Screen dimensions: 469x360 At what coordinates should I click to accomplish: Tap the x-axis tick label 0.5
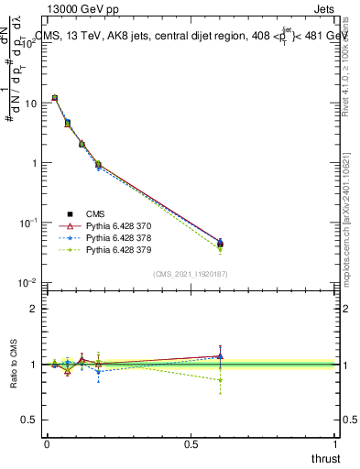(x=191, y=443)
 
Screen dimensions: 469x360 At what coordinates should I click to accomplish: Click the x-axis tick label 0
(x=47, y=443)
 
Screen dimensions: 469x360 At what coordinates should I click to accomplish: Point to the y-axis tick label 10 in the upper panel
(x=30, y=104)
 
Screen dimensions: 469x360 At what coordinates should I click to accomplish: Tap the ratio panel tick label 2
(x=34, y=309)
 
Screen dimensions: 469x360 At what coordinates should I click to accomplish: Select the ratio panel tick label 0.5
(x=30, y=420)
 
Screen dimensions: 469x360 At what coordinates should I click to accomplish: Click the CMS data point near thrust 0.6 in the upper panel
(x=220, y=244)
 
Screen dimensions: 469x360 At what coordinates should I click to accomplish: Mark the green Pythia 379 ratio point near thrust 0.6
(x=220, y=379)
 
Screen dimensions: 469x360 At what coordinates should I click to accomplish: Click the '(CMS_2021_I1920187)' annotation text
(x=191, y=274)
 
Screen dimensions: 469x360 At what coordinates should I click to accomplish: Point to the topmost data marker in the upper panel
(x=55, y=97)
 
